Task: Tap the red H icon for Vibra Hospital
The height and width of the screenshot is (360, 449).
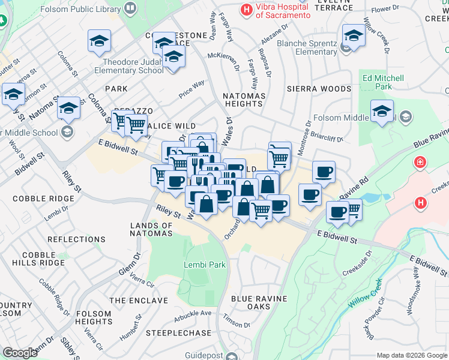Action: [x=246, y=9]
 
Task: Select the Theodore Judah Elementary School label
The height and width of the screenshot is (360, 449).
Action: [x=129, y=66]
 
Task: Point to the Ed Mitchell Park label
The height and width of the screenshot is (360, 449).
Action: [x=384, y=82]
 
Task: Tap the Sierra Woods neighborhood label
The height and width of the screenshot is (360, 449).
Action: [x=318, y=89]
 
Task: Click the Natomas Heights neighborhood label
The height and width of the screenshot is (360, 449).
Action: [x=243, y=100]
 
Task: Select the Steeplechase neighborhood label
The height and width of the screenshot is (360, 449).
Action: [x=178, y=333]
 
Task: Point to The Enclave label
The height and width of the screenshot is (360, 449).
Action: [x=138, y=300]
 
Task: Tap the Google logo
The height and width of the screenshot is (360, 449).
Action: [x=20, y=353]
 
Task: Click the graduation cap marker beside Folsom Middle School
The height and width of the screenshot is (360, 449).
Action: [x=382, y=112]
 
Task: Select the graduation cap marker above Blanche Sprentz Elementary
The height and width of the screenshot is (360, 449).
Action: [x=354, y=36]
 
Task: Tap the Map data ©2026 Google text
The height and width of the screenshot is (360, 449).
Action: [x=412, y=355]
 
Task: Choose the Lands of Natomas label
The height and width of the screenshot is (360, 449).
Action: [x=151, y=230]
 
